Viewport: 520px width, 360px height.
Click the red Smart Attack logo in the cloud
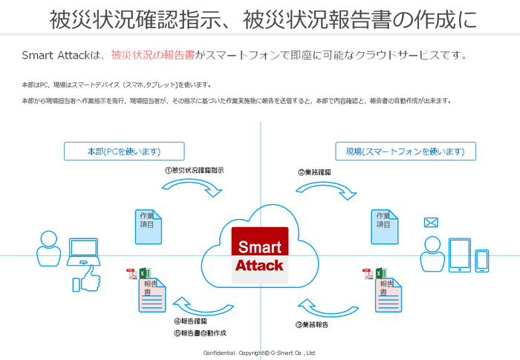[x=259, y=254]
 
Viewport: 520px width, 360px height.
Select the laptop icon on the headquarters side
[x=83, y=252]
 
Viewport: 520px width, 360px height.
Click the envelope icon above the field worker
[x=431, y=223]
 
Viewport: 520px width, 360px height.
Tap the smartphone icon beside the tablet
[x=482, y=260]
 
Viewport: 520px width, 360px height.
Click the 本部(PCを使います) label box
[x=124, y=151]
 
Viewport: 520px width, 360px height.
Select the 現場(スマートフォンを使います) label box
[x=406, y=151]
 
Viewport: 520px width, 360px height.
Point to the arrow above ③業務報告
[x=322, y=307]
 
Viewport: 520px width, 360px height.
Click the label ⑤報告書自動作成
[x=200, y=333]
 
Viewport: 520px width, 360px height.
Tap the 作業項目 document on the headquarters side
[x=150, y=223]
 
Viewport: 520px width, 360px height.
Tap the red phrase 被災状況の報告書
[x=153, y=55]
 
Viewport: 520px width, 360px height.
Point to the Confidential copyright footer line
[x=260, y=353]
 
